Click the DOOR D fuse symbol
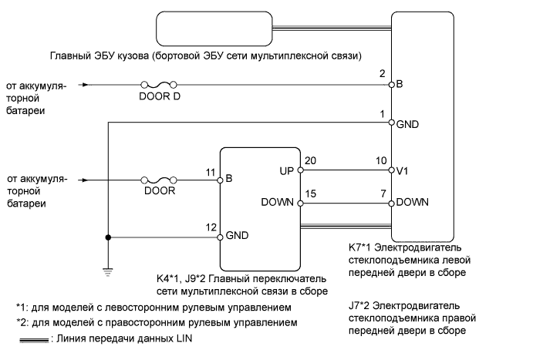pos(159,84)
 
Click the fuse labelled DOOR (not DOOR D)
pos(159,180)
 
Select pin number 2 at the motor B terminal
pos(383,74)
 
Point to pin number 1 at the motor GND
pos(383,114)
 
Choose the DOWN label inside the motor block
pos(413,203)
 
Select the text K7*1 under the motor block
pos(363,249)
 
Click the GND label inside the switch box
pos(236,237)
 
